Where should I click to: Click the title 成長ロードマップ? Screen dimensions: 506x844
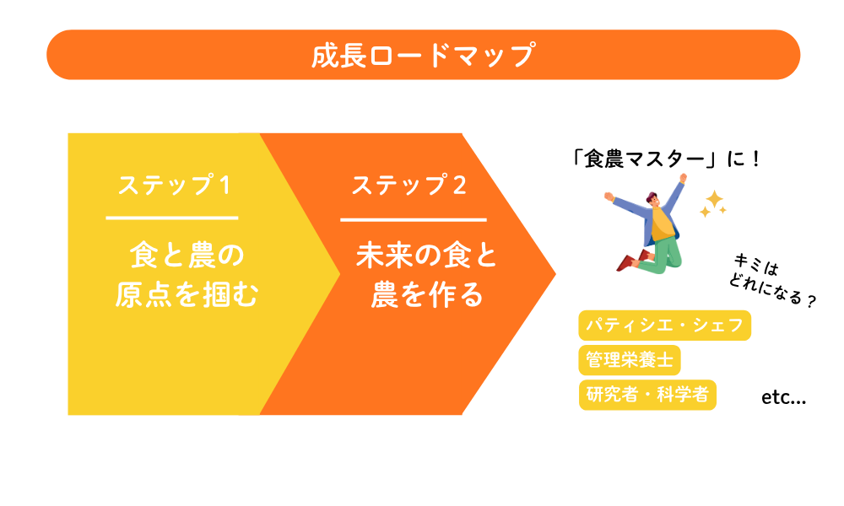pos(423,56)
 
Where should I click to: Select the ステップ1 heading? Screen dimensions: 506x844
pos(173,186)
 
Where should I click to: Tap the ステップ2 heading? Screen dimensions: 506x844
pos(408,186)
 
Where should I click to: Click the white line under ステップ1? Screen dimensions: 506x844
pos(172,218)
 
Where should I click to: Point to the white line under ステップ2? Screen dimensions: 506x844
pos(414,219)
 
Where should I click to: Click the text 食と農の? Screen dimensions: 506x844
pos(186,255)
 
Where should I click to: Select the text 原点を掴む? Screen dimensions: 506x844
pos(186,295)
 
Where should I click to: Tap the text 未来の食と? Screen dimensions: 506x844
pos(427,255)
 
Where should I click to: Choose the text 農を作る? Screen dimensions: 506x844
pos(427,295)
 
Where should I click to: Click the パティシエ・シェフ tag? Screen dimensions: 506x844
pos(664,326)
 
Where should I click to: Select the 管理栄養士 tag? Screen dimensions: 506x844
pos(630,360)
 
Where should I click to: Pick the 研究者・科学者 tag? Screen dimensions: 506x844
pos(647,395)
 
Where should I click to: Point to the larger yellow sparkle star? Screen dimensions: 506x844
pos(715,200)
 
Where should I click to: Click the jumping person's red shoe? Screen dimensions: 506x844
pos(625,263)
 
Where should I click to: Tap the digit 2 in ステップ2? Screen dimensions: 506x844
pos(459,186)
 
